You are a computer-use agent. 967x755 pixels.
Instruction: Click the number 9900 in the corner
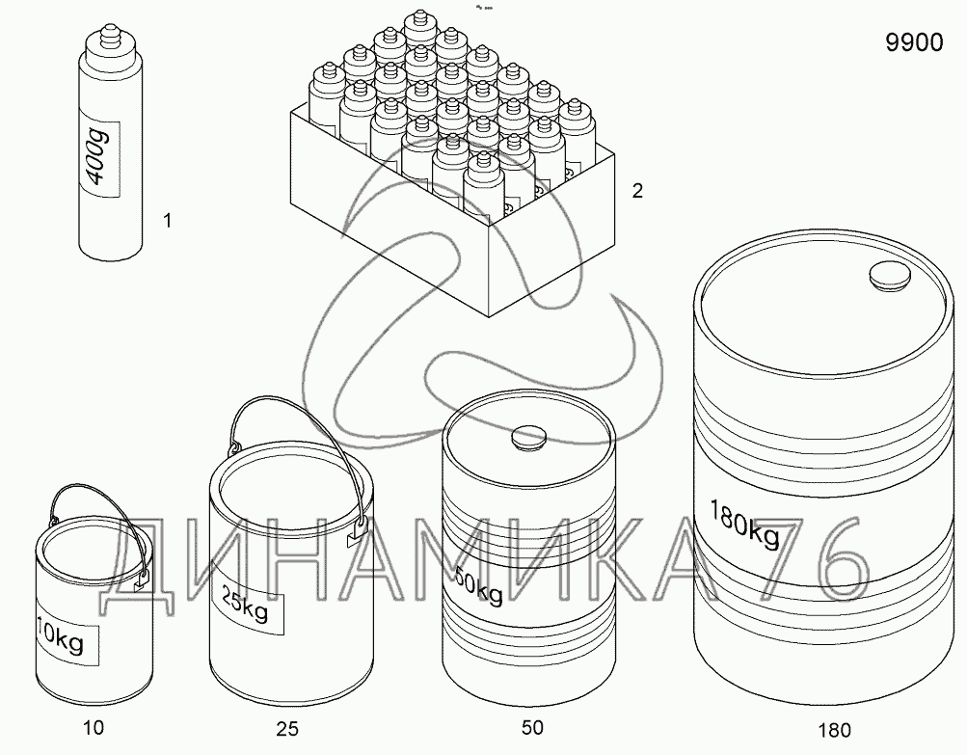(915, 42)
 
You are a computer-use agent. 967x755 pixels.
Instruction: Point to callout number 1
(167, 220)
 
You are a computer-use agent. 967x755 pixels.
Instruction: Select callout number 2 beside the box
(637, 191)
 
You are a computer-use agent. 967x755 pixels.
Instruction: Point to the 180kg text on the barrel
(744, 525)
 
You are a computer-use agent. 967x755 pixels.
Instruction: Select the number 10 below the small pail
(94, 728)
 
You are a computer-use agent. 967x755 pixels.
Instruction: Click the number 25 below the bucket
(287, 729)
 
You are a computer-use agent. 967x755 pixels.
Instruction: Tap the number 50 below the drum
(532, 728)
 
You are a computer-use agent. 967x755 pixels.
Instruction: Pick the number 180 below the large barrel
(834, 731)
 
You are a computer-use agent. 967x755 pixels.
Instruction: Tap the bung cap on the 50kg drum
(529, 437)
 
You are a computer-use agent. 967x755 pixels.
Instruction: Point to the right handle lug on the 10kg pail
(143, 579)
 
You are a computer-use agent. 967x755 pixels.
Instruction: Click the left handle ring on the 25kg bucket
(234, 446)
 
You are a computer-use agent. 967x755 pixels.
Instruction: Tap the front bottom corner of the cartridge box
(489, 316)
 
